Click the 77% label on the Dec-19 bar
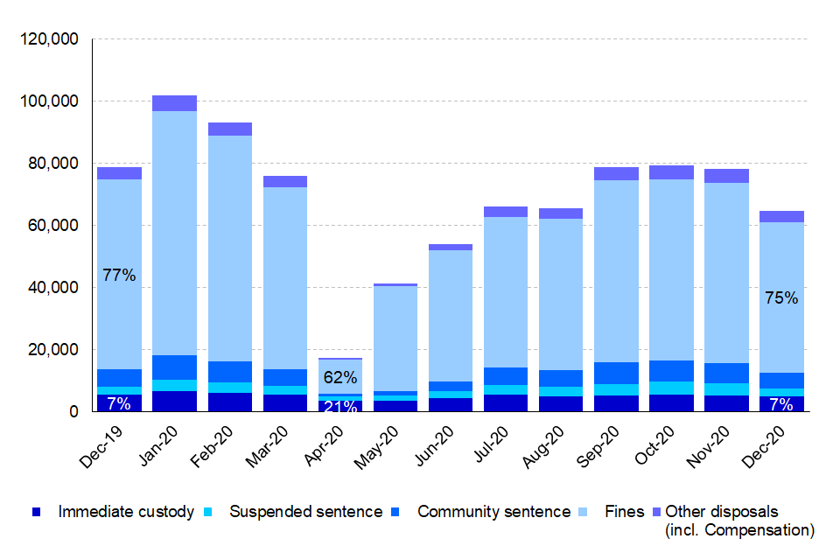point(119,276)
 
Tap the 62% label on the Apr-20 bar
point(340,378)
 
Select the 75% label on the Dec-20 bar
point(781,297)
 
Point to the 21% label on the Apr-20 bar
point(340,406)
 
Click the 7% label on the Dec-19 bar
point(119,403)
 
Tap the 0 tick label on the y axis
point(75,412)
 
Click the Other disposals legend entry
point(721,512)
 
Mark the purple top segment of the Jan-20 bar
point(174,103)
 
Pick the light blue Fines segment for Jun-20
point(451,315)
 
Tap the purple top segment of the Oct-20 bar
point(672,172)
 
